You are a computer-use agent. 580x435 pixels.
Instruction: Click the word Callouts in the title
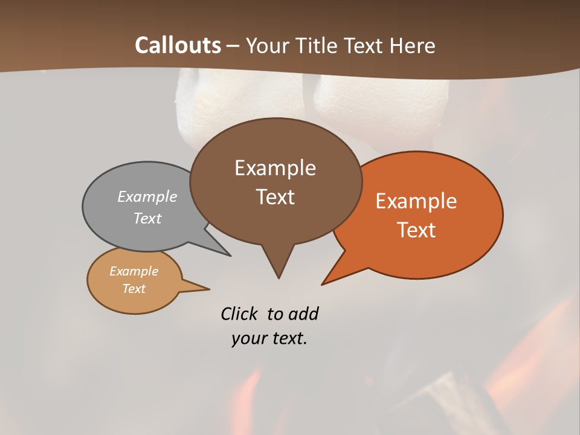point(178,45)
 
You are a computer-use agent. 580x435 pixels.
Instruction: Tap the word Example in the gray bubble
point(147,196)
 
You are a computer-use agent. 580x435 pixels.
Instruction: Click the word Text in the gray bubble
point(147,218)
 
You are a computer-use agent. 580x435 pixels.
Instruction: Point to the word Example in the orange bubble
point(416,201)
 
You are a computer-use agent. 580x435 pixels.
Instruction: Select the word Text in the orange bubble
point(417,230)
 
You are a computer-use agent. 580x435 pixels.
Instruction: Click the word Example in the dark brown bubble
point(275,168)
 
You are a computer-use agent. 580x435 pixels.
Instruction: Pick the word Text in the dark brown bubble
point(275,197)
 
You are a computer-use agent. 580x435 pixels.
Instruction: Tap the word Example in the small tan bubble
point(134,271)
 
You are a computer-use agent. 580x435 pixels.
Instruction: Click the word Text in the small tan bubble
point(134,289)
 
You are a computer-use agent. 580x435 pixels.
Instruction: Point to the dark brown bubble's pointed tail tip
point(279,278)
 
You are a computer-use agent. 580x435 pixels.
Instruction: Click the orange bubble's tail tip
point(322,284)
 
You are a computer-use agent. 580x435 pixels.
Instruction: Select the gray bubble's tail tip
point(230,256)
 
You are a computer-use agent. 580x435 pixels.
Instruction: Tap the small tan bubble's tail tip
point(209,289)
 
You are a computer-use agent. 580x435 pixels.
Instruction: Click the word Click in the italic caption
point(240,314)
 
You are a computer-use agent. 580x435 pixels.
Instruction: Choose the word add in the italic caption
point(303,314)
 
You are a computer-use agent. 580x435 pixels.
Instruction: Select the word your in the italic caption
point(248,338)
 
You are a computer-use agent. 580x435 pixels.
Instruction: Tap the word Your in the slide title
point(266,45)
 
